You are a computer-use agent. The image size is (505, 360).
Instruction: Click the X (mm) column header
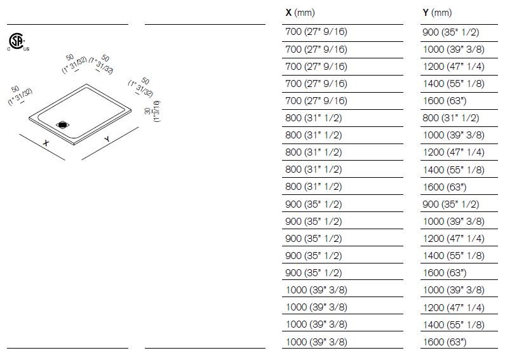point(300,13)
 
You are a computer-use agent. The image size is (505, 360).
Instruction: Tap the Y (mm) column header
point(437,13)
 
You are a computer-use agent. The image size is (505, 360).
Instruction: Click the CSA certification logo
point(17,40)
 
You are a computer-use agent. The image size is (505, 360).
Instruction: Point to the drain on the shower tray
point(64,124)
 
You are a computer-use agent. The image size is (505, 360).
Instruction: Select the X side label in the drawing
point(46,143)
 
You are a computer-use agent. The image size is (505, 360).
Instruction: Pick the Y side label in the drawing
point(107,139)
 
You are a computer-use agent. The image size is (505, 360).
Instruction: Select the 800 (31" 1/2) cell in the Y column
point(450,118)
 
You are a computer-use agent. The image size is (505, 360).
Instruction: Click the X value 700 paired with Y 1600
point(316,101)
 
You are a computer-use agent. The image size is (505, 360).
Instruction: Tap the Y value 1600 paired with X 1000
point(445,342)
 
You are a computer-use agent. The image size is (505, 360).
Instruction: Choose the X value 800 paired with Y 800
point(314,118)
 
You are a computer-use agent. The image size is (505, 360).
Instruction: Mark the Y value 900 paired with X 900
point(450,204)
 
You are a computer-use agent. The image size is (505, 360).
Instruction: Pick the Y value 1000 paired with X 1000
point(453,290)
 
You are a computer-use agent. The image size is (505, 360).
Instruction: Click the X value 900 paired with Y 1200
point(314,239)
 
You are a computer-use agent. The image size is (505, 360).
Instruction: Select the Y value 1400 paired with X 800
point(453,170)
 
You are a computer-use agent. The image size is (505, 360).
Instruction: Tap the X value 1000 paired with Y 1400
point(316,324)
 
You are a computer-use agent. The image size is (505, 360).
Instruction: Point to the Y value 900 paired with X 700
point(450,32)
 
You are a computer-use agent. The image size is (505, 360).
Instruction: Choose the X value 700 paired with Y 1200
point(316,66)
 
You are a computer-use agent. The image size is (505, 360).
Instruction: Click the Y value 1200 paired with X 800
point(453,152)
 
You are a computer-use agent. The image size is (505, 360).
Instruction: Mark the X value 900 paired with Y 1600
point(314,273)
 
